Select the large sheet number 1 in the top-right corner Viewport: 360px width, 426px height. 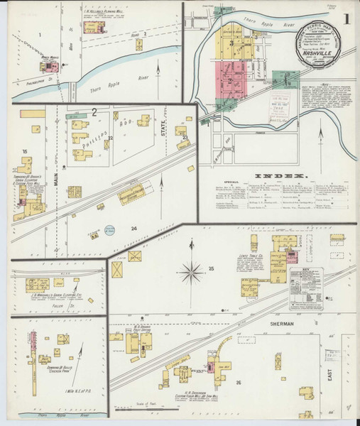coord(346,19)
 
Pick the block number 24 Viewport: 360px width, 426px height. coord(133,228)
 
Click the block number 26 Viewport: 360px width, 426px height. coord(239,383)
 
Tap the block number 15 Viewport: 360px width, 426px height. coord(24,151)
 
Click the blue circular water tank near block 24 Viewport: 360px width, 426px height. coord(109,229)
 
